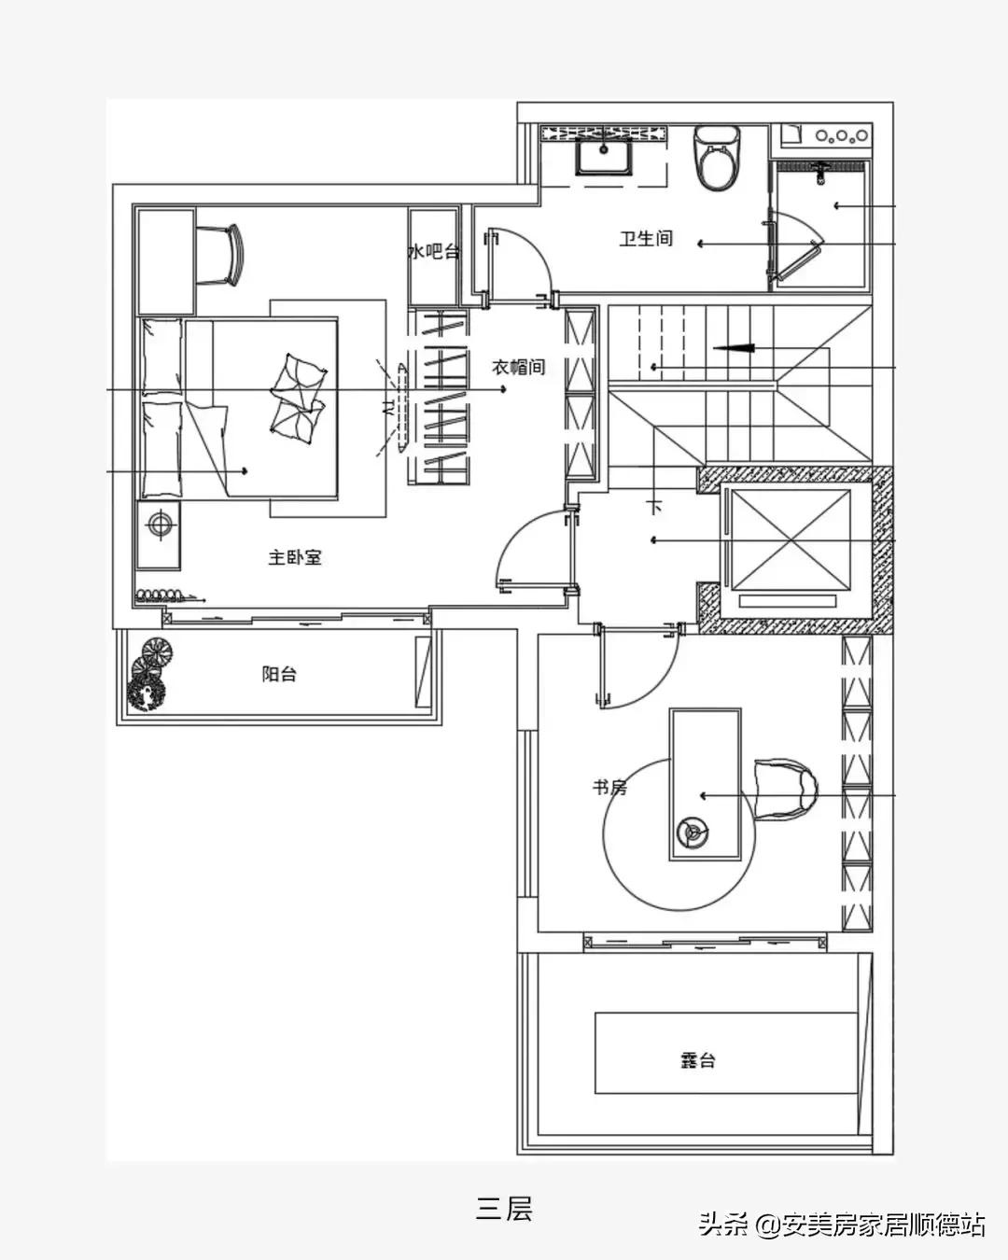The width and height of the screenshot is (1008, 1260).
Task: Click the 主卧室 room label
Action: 295,557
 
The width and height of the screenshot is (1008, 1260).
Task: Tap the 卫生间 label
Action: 646,238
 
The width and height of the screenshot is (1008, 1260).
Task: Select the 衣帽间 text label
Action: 518,367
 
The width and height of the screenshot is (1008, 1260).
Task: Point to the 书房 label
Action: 609,788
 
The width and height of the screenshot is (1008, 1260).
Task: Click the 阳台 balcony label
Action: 279,674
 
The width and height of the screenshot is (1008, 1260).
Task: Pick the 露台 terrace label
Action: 697,1060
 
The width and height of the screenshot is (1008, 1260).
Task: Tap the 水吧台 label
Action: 433,252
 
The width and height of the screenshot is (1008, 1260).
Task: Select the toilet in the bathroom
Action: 717,158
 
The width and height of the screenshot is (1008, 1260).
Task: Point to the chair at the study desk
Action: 785,790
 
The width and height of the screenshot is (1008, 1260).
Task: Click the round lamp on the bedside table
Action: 159,524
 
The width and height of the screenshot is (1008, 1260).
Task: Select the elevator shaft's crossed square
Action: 791,539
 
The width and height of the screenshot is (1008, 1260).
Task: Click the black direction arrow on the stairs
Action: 733,349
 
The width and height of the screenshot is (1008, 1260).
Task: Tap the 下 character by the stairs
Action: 654,506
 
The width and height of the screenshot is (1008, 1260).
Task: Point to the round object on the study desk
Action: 693,832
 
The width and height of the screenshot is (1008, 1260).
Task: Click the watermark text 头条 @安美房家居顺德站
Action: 842,1225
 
